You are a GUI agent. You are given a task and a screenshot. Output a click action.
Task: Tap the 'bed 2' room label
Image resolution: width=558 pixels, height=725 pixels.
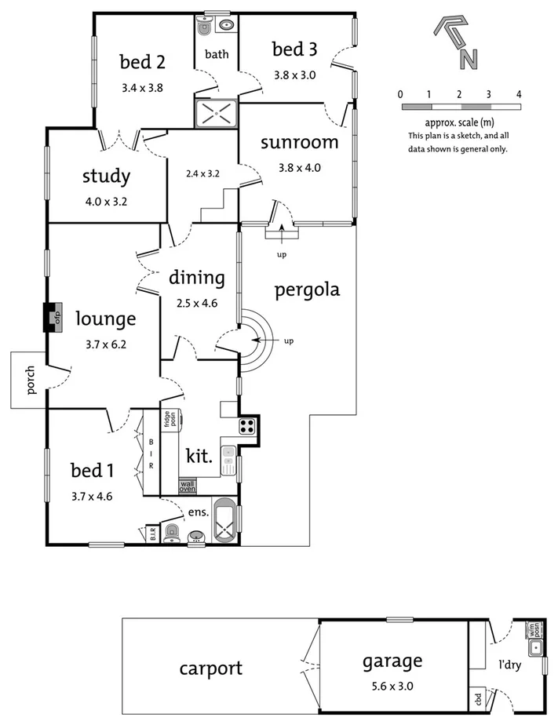142,61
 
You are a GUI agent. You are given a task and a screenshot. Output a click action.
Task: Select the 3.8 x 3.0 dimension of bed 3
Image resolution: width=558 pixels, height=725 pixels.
294,75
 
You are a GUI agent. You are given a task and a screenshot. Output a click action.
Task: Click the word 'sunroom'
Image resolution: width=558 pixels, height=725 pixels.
300,143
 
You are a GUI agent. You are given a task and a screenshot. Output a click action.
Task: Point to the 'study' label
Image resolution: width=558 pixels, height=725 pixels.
106,177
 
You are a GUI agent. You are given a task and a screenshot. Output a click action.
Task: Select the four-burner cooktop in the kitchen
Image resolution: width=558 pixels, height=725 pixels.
246,427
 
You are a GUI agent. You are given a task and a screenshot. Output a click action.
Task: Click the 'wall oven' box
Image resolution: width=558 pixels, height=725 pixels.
187,486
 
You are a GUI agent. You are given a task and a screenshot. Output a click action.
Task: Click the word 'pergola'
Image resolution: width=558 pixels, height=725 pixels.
307,290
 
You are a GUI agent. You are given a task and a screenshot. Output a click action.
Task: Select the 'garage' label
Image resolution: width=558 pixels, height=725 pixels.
392,661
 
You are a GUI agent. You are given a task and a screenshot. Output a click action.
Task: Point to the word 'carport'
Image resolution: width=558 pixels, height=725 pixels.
210,669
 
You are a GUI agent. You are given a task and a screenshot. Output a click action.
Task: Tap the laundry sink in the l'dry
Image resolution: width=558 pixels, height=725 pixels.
536,648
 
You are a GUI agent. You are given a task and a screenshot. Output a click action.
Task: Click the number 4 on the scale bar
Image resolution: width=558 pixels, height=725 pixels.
519,94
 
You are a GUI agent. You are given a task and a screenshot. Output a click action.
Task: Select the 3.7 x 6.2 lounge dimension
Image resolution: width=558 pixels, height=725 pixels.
106,342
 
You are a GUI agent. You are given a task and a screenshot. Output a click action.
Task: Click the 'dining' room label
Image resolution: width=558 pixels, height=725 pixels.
196,278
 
